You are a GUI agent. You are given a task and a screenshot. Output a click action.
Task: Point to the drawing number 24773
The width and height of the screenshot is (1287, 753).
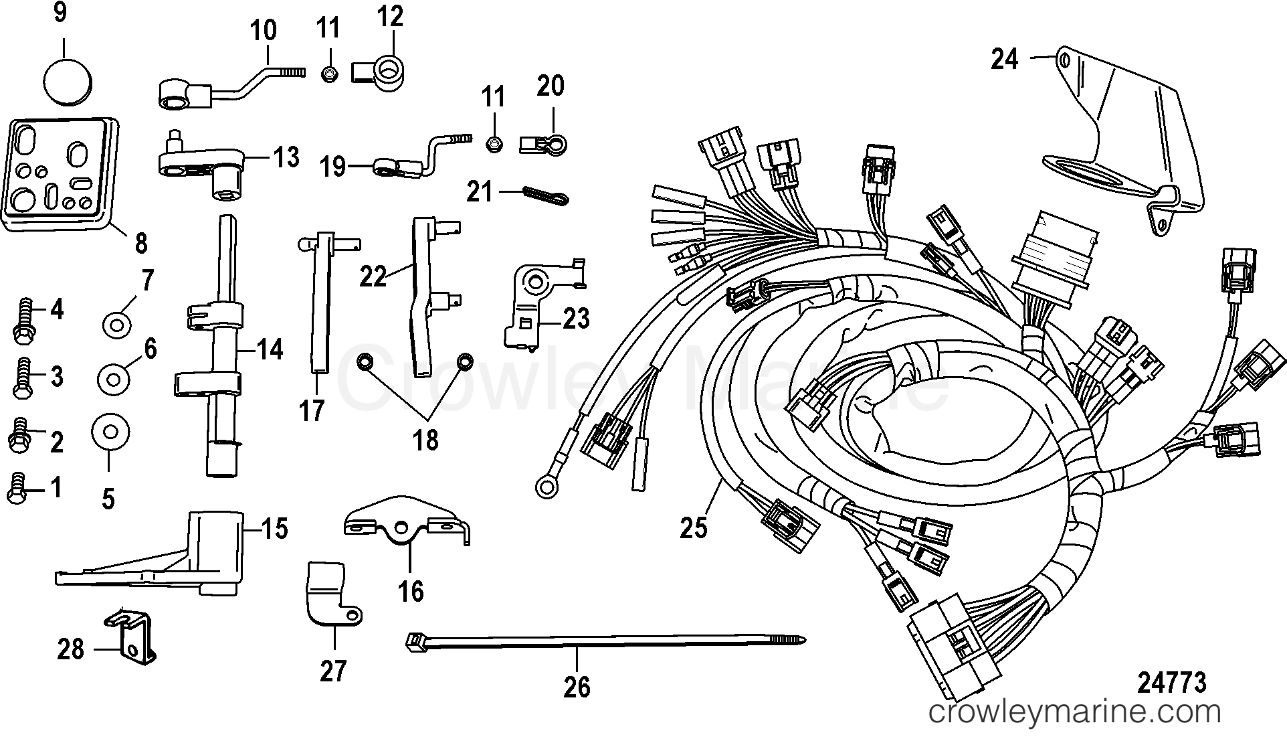point(1171,682)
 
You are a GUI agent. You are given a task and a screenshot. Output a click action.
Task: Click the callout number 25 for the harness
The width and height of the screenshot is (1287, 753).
point(693,528)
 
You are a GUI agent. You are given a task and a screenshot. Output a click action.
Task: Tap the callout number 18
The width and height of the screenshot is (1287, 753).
point(425,440)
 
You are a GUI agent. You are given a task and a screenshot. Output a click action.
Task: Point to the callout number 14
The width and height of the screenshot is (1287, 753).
point(270,349)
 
